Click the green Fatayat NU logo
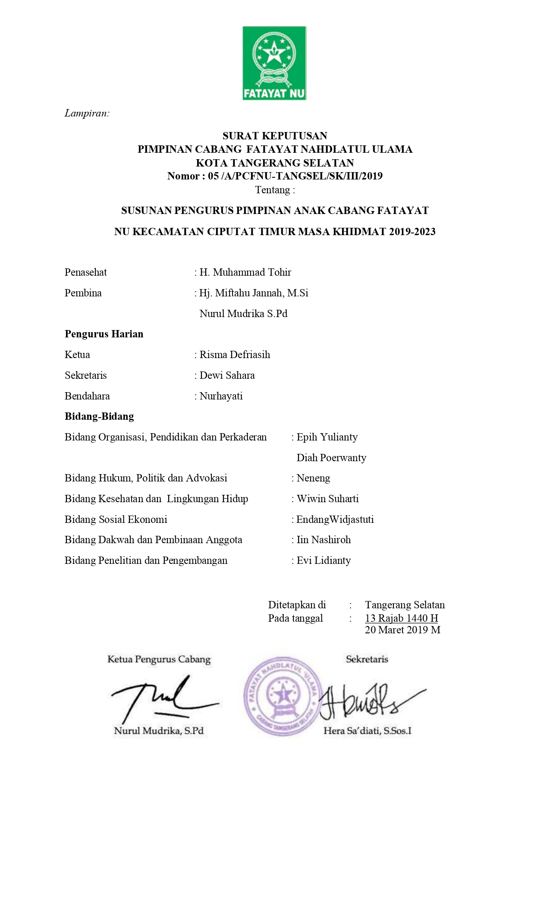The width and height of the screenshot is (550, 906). (274, 63)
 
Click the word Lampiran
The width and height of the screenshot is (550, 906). (87, 113)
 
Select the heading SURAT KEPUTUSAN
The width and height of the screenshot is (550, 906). (275, 136)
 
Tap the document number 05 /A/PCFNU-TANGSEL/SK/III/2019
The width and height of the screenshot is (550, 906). (295, 176)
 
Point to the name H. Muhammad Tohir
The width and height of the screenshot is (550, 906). (245, 272)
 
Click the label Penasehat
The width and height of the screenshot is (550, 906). (85, 272)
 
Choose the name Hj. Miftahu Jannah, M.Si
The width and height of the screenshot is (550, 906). (254, 293)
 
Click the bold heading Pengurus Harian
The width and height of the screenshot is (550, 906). (104, 334)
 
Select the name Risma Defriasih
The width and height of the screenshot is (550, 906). (235, 355)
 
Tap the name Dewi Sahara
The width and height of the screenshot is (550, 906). (227, 375)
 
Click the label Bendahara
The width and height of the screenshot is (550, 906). (87, 396)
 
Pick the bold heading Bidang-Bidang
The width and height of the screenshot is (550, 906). (99, 416)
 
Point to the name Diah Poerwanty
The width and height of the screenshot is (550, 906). (331, 458)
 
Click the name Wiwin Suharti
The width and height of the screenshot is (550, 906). (327, 499)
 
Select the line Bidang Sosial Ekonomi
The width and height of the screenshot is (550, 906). (116, 519)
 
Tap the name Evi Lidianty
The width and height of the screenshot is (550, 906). (324, 560)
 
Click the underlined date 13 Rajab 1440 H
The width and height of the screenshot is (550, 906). (401, 618)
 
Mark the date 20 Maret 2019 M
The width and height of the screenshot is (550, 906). (402, 630)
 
